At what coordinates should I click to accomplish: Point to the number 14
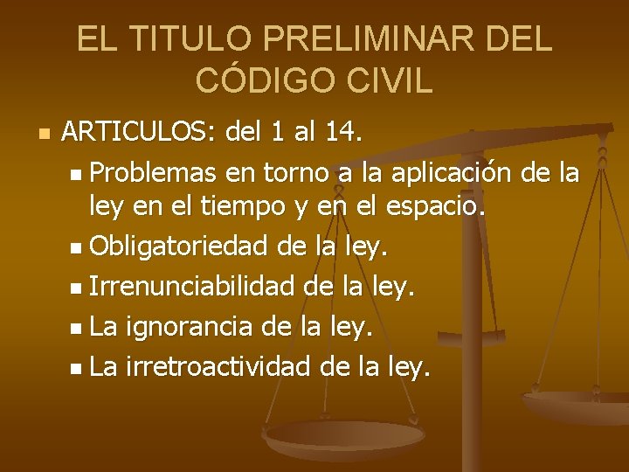click(340, 134)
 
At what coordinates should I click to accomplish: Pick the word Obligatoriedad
click(177, 249)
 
